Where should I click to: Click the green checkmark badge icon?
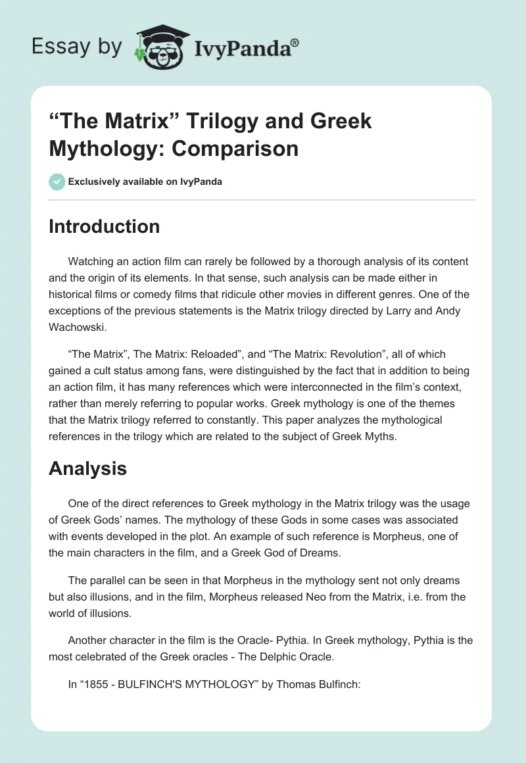point(57,182)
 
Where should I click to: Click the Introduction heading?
point(105,226)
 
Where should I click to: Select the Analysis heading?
point(87,468)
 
